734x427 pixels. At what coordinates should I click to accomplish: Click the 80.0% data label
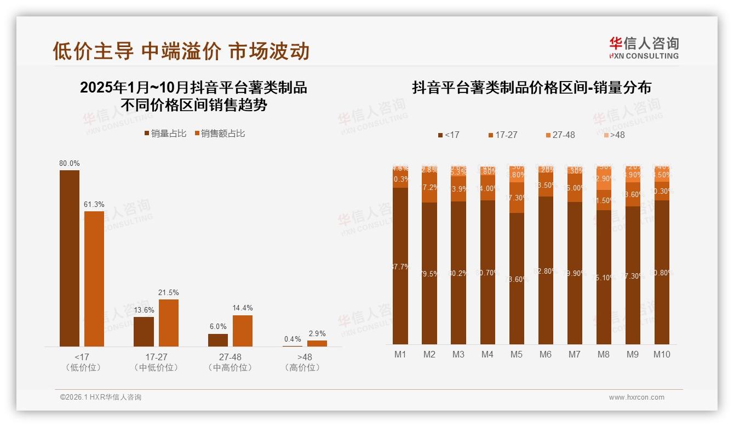tap(70, 163)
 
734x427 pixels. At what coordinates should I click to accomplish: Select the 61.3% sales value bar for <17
tap(94, 279)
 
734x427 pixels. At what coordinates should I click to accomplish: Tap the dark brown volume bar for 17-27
tap(144, 331)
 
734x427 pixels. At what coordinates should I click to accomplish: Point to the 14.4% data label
tap(242, 308)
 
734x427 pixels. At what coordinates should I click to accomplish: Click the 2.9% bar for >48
tap(317, 343)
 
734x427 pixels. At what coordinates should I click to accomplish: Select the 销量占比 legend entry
tap(165, 134)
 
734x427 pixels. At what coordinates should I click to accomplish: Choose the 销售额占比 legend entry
tap(219, 134)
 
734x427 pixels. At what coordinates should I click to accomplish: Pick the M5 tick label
tap(516, 354)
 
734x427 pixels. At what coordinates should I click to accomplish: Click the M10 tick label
tap(662, 354)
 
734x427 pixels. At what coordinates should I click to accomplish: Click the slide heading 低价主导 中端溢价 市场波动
tap(181, 51)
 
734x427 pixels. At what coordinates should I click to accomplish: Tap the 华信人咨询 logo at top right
tap(644, 48)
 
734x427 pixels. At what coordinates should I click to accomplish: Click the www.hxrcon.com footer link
tap(636, 397)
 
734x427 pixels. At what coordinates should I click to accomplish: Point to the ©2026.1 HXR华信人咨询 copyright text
tap(100, 397)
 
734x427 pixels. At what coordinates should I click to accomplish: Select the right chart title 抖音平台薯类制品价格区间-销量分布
tap(531, 88)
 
